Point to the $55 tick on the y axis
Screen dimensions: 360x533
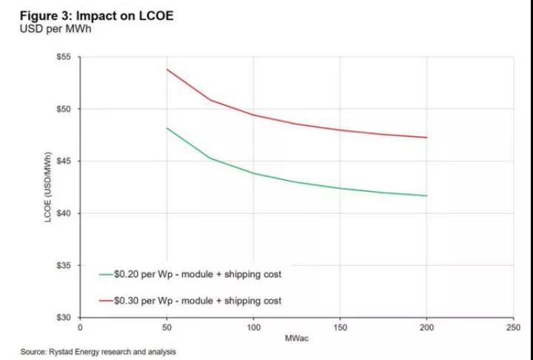pos(65,57)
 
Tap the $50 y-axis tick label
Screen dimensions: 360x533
pos(65,109)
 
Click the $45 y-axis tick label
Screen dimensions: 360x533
pos(65,161)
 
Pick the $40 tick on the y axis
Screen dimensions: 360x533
pos(65,213)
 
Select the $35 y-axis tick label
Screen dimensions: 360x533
pos(65,265)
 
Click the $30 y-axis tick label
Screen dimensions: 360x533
pos(65,317)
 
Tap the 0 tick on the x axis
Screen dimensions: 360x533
pos(80,326)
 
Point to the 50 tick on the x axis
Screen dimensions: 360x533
pos(167,326)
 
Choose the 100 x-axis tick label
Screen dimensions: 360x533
pos(253,326)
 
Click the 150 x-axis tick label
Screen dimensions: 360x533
pos(340,326)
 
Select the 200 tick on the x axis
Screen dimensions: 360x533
pos(427,326)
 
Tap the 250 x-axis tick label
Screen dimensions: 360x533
pos(514,326)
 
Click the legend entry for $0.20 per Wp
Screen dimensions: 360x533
pos(190,274)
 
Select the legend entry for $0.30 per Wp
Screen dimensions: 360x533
pos(190,301)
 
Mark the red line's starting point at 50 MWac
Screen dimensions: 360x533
pos(167,70)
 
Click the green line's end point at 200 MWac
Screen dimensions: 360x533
pos(427,196)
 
